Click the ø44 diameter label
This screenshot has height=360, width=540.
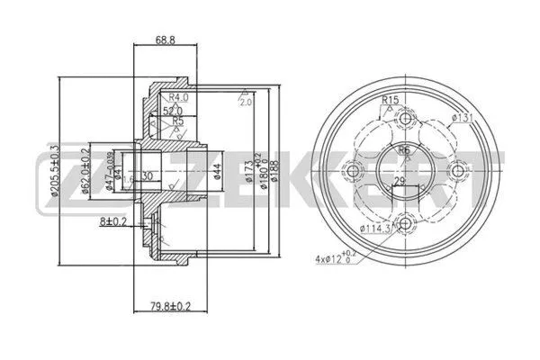(x=219, y=171)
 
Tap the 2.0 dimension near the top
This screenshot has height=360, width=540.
(x=244, y=103)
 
